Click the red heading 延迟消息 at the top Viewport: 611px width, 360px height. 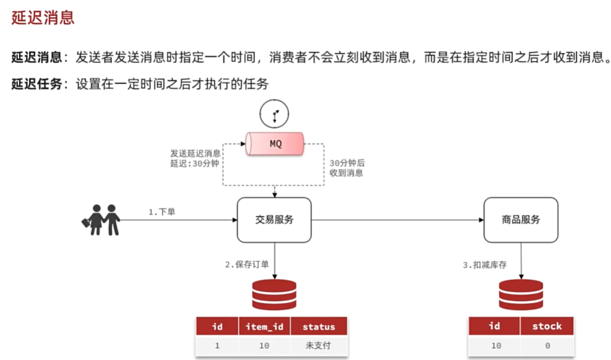click(x=43, y=17)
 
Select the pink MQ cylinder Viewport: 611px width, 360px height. click(x=276, y=144)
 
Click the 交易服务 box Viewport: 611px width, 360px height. click(x=274, y=220)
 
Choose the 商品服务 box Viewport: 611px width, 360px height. click(x=521, y=220)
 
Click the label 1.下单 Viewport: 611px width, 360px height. click(x=162, y=212)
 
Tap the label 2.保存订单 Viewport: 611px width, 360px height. click(x=247, y=265)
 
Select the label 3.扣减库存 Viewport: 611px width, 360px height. click(x=485, y=265)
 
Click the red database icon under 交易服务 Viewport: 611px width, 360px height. click(x=274, y=294)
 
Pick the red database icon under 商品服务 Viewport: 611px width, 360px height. click(x=521, y=294)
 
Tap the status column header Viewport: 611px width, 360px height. click(x=319, y=327)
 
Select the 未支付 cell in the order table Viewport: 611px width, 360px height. click(x=319, y=346)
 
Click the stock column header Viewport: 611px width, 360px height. click(x=547, y=326)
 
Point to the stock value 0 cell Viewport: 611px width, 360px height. click(x=547, y=346)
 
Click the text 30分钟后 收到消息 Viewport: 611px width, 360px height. click(x=347, y=168)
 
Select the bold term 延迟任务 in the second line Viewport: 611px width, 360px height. click(x=37, y=84)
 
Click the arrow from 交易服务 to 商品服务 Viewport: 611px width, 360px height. click(x=396, y=220)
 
